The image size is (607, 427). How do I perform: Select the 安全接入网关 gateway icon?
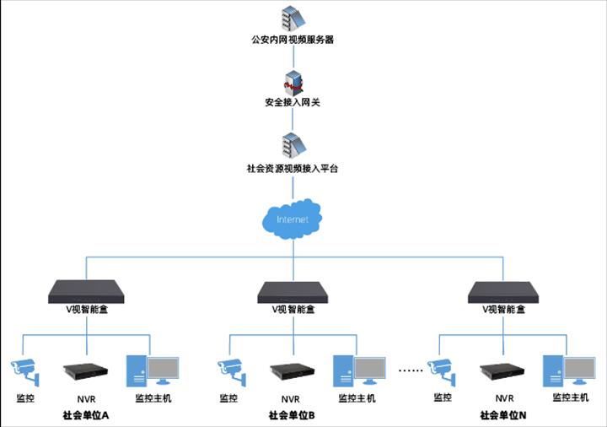pos(293,80)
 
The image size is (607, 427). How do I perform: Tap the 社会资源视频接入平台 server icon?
pos(293,144)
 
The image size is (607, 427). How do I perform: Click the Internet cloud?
pos(293,219)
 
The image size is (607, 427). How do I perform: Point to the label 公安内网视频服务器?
pos(293,39)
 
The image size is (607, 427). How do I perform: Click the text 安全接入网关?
pos(293,102)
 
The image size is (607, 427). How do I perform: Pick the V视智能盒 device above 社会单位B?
pos(293,292)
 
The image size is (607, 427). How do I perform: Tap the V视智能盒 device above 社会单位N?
pos(503,292)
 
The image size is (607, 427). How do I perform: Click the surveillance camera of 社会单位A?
pos(24,370)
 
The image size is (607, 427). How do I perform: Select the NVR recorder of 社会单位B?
pos(293,370)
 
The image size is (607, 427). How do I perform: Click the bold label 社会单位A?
pos(87,415)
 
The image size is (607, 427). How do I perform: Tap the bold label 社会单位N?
pos(503,415)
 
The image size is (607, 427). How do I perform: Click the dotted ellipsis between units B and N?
pos(411,370)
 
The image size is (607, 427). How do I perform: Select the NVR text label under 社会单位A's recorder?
pos(88,397)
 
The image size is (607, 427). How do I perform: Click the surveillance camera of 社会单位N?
pos(441,370)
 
